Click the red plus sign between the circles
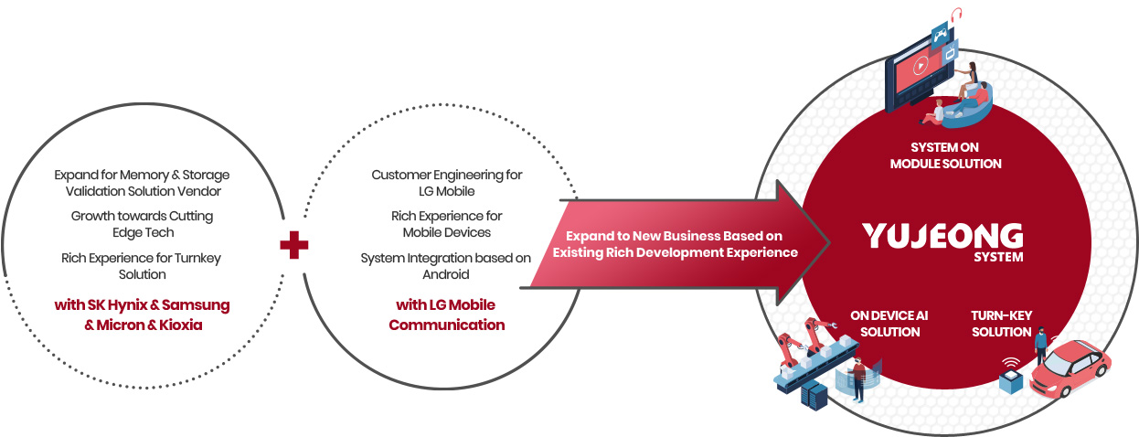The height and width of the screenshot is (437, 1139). coord(294,245)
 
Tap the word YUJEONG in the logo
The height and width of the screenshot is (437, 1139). coord(942,236)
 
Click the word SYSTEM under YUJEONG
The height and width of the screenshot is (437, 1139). coord(998,258)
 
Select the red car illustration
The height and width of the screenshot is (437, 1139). coord(1070,368)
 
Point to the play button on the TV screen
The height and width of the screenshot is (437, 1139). coord(920,66)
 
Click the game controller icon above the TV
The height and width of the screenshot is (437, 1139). coord(940,35)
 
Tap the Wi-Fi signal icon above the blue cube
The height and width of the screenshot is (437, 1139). coord(1011,363)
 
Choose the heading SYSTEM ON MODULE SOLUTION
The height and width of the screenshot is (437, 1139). coord(945,155)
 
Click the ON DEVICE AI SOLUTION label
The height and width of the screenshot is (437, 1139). coord(889,324)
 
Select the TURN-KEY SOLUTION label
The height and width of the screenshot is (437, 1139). coord(1001,324)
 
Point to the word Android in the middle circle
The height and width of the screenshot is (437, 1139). coord(446,274)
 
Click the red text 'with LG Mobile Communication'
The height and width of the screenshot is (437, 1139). coord(446,314)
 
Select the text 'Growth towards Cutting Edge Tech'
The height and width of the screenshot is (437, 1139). coord(143,224)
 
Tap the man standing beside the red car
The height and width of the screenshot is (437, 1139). coord(1041,346)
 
